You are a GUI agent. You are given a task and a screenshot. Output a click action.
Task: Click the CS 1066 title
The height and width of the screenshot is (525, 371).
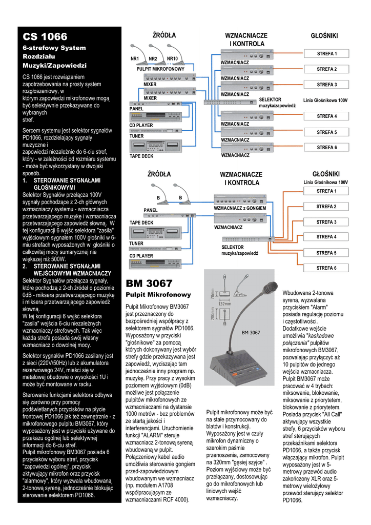tap(45, 36)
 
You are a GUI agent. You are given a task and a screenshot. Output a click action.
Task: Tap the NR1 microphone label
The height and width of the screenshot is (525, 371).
tap(135, 59)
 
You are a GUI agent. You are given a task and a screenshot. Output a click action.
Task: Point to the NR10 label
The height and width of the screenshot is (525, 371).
tap(172, 59)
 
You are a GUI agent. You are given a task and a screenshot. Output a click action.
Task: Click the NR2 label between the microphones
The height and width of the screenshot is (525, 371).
tap(153, 59)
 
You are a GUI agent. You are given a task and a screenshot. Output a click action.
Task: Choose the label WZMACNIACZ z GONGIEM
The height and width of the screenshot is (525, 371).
tap(240, 209)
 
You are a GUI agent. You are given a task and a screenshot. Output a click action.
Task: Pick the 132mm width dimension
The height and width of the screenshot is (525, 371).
tap(224, 304)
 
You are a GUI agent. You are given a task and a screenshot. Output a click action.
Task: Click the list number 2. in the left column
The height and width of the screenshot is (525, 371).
tap(25, 267)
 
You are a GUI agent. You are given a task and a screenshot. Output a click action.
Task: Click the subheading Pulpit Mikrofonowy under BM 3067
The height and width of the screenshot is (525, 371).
tap(151, 295)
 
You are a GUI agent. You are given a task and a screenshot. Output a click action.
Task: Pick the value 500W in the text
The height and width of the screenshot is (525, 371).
tap(58, 259)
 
